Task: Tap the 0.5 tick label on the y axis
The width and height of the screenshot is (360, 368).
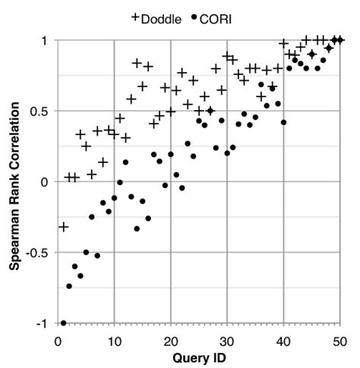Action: (39, 111)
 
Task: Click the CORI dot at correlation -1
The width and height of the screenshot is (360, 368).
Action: (64, 323)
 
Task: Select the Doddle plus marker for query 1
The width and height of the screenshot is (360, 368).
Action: (64, 227)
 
